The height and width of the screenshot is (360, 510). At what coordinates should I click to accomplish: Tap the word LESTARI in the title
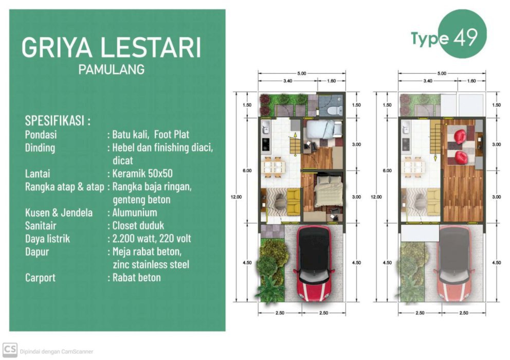(151, 47)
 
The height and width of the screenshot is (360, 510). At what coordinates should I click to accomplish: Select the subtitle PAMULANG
(112, 69)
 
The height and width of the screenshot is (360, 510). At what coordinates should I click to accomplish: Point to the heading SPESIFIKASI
(55, 120)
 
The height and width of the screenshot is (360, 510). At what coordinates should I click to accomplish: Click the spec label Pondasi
(41, 134)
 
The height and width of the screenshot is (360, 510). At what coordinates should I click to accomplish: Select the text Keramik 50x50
(142, 173)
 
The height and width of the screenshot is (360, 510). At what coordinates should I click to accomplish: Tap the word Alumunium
(135, 212)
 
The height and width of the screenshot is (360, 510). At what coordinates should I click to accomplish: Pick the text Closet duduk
(138, 226)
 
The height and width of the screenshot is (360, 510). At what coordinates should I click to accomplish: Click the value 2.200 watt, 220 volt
(152, 239)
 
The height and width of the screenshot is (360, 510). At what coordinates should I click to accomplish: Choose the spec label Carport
(40, 278)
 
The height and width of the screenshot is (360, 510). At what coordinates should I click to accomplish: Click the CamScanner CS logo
(10, 350)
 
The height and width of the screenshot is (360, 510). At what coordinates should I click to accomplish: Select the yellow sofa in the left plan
(294, 202)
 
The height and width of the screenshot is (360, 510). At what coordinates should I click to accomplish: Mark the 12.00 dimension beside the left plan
(236, 197)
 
